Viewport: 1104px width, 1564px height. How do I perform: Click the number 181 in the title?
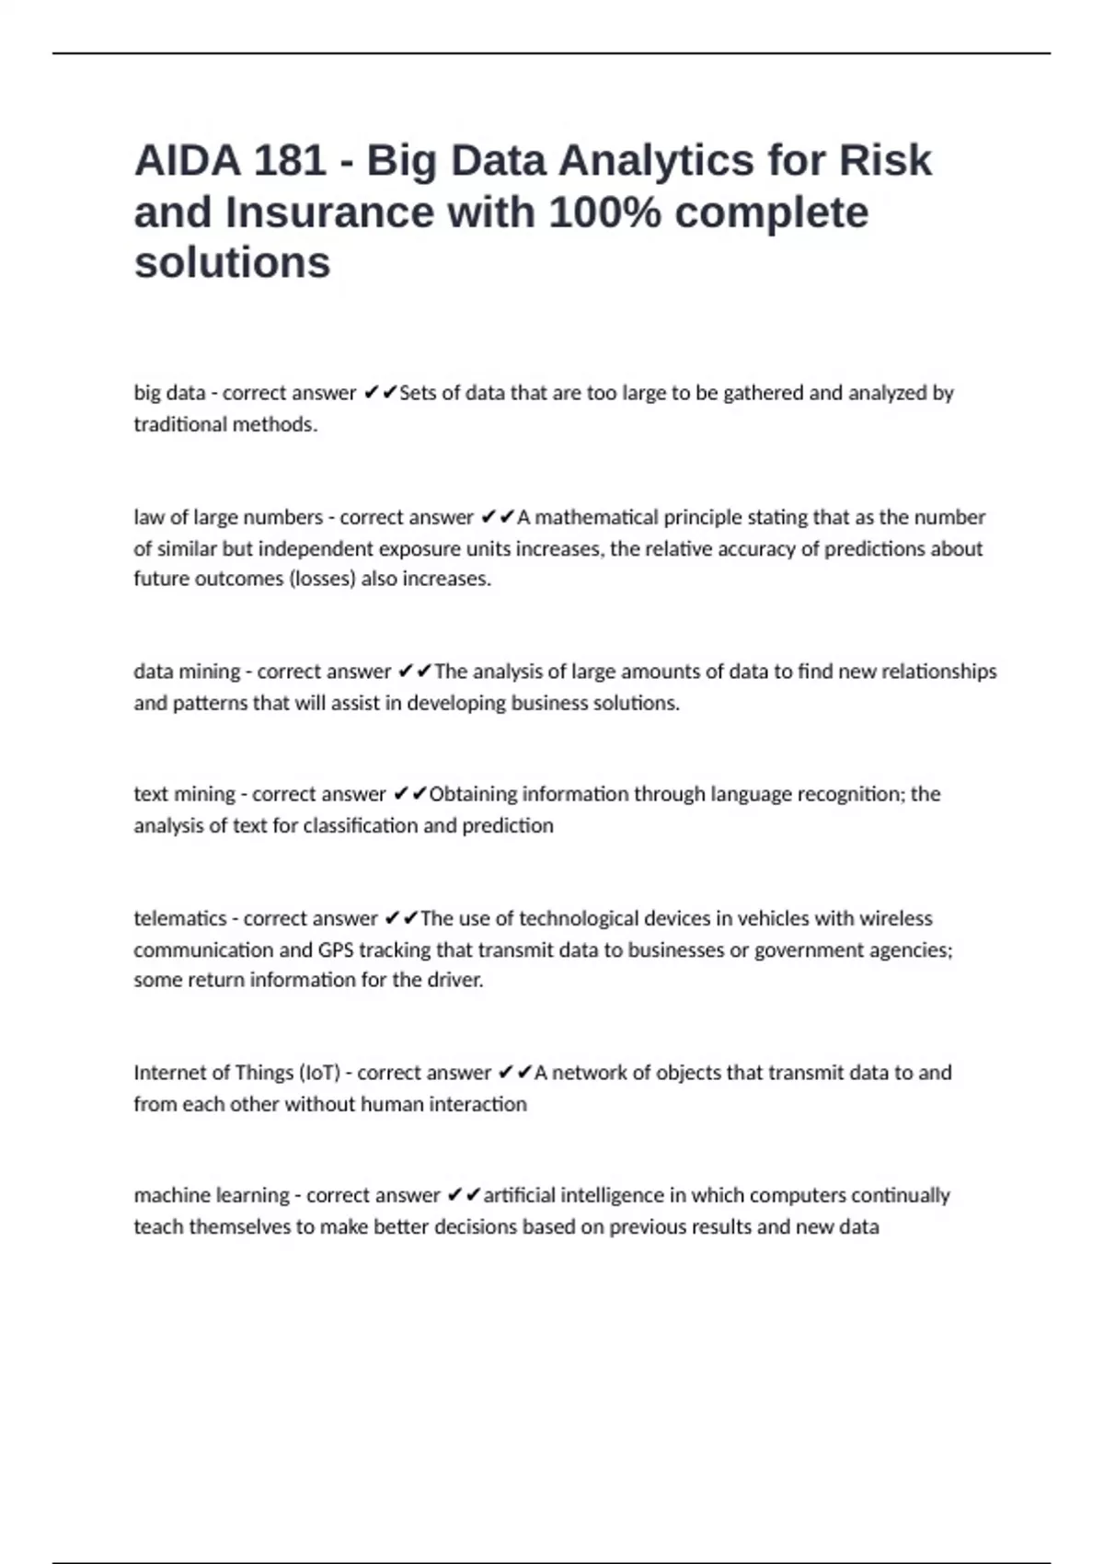tap(289, 161)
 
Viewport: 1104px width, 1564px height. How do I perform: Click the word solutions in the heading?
tap(232, 263)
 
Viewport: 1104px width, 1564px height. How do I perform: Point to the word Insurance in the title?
tap(329, 213)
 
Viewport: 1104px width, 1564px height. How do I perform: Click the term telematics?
tap(179, 918)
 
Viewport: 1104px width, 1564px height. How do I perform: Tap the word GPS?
tap(336, 949)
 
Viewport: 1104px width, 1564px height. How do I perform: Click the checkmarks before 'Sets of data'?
tap(381, 393)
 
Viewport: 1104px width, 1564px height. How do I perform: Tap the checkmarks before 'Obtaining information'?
tap(410, 794)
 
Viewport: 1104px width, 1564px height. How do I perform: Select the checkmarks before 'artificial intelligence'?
tap(464, 1195)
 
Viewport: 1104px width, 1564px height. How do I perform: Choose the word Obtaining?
tap(472, 794)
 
